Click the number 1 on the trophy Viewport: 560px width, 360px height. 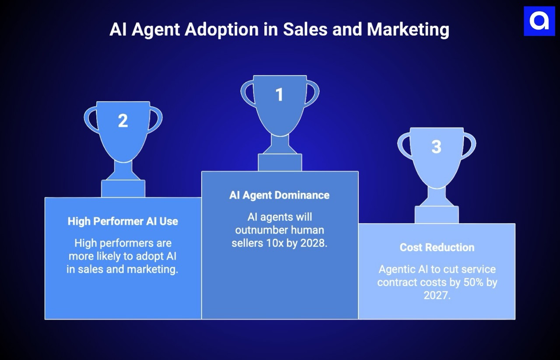(x=280, y=95)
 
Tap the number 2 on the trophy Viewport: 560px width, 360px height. (x=123, y=121)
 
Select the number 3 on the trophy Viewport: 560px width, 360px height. (x=436, y=147)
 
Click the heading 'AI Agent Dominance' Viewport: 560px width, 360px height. (x=280, y=195)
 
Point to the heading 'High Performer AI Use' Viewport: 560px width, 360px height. (x=123, y=221)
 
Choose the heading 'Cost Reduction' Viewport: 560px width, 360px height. (x=437, y=248)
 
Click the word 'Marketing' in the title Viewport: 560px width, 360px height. (x=408, y=30)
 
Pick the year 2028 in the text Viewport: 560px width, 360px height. (x=313, y=243)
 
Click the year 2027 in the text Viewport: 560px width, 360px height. (x=437, y=295)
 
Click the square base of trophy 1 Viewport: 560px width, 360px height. (x=280, y=162)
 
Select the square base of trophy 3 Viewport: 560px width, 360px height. (x=436, y=215)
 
